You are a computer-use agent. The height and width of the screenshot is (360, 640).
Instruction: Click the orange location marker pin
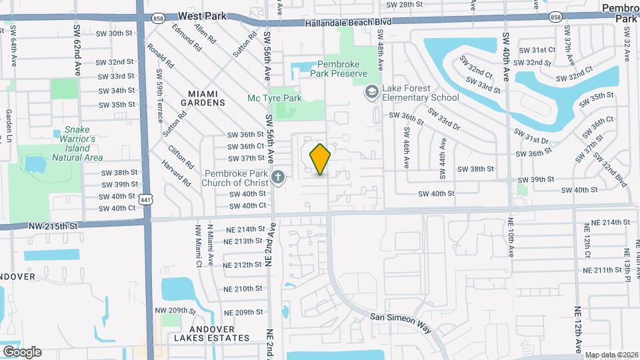(x=321, y=159)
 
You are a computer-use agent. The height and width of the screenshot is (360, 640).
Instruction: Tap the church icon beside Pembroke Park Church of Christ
(x=279, y=177)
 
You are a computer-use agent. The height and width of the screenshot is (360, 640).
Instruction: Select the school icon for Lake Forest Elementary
(x=371, y=92)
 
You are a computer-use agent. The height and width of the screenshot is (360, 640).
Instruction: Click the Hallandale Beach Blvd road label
(x=348, y=22)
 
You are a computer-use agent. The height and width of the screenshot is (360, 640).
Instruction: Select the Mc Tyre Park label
(x=275, y=99)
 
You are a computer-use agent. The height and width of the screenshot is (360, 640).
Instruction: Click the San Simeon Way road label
(x=401, y=321)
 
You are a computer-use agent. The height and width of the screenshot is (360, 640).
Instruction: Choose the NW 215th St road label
(x=53, y=226)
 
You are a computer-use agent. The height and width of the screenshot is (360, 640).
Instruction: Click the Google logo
(x=22, y=351)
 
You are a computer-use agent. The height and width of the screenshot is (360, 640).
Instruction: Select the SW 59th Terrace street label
(x=159, y=97)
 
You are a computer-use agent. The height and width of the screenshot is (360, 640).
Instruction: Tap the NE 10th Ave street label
(x=511, y=237)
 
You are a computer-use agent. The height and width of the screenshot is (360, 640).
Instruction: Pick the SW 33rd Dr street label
(x=444, y=119)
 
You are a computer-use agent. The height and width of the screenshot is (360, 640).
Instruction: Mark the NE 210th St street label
(x=243, y=289)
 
